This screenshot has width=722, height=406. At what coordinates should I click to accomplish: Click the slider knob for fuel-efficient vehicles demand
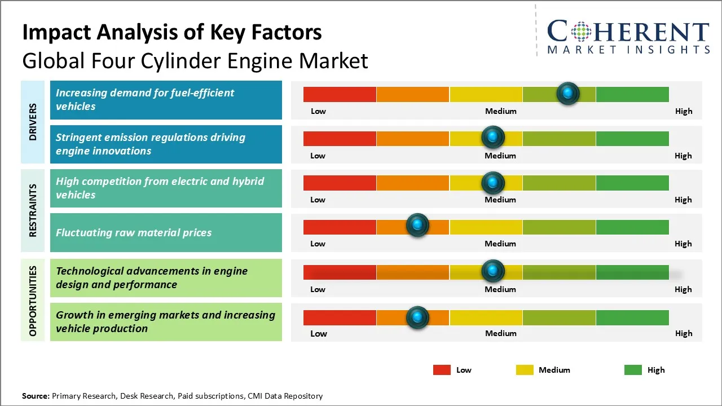click(x=568, y=93)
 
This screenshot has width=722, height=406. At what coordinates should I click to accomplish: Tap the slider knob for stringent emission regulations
click(x=493, y=137)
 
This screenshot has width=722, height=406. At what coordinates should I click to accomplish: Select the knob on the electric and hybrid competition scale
click(x=493, y=182)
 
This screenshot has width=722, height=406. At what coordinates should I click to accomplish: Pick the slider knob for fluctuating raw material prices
click(x=417, y=226)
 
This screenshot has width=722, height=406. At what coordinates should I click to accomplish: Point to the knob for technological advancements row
click(x=493, y=271)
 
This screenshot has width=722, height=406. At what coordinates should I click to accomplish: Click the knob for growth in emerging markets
click(x=417, y=317)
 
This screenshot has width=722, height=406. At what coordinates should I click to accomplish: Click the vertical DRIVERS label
click(x=33, y=122)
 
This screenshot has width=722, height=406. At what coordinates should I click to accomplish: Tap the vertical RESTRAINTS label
click(x=33, y=210)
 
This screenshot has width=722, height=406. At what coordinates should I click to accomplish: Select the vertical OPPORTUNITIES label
click(x=33, y=301)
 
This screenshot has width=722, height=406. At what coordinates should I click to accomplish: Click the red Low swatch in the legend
click(x=442, y=370)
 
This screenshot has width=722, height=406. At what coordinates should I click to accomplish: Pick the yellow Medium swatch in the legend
click(x=525, y=370)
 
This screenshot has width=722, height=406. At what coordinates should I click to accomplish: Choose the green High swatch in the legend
click(x=633, y=370)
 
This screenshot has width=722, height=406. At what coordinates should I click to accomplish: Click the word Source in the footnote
click(x=35, y=396)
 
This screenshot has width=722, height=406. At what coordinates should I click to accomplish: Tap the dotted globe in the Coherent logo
click(x=582, y=32)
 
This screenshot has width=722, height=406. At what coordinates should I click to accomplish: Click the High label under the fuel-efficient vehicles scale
click(x=684, y=111)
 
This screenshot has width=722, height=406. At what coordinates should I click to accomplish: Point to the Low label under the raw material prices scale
click(x=318, y=244)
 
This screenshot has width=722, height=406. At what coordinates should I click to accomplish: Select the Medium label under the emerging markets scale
click(x=500, y=333)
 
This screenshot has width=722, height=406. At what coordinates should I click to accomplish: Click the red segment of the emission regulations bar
click(x=340, y=138)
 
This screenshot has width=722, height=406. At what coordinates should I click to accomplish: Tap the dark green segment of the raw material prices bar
click(x=632, y=227)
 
